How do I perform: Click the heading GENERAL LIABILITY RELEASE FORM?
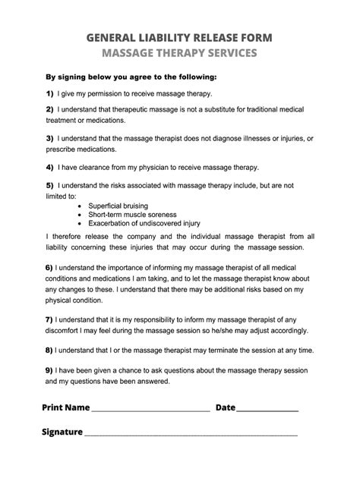180,37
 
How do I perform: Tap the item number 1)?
49,95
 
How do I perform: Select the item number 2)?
49,111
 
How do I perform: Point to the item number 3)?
49,138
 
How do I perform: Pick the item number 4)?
49,166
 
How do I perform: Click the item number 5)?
49,184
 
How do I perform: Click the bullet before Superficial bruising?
81,206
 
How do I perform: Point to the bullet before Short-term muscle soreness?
81,215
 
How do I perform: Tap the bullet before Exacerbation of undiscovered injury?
81,224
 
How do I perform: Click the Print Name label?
66,407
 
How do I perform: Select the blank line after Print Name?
150,410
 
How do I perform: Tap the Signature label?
62,432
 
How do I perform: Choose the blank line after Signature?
190,435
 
